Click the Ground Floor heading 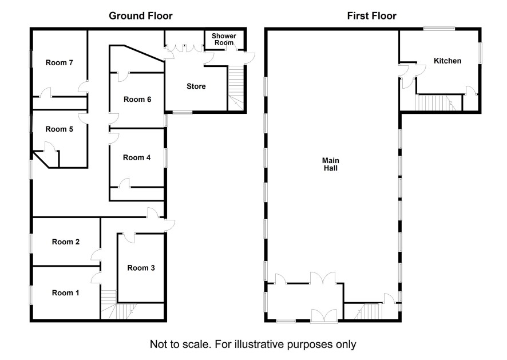pyautogui.click(x=141, y=16)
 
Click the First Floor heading pyautogui.click(x=372, y=16)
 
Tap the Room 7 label pyautogui.click(x=59, y=63)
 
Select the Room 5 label pyautogui.click(x=59, y=129)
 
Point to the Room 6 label pyautogui.click(x=137, y=100)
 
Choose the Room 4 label pyautogui.click(x=137, y=158)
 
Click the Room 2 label pyautogui.click(x=66, y=242)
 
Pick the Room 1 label pyautogui.click(x=66, y=293)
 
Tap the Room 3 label pyautogui.click(x=141, y=268)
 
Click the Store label pyautogui.click(x=196, y=86)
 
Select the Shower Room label pyautogui.click(x=224, y=39)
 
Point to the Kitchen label pyautogui.click(x=447, y=61)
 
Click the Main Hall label pyautogui.click(x=330, y=164)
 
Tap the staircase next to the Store pyautogui.click(x=236, y=88)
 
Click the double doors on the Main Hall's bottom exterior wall pyautogui.click(x=324, y=316)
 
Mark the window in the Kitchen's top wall pyautogui.click(x=439, y=29)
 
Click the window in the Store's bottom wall pyautogui.click(x=183, y=112)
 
